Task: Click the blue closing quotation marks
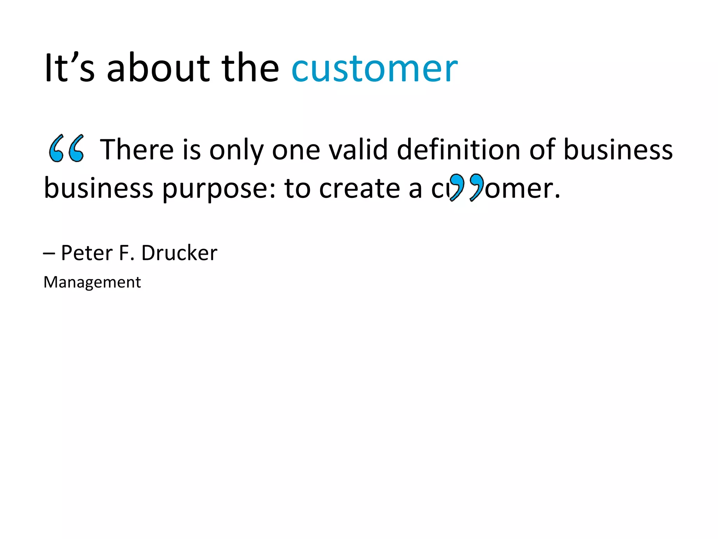(x=467, y=187)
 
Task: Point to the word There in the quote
(x=137, y=149)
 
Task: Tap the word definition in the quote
(x=459, y=149)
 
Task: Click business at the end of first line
(x=618, y=149)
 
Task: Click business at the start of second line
(x=99, y=188)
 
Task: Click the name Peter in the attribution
(x=87, y=253)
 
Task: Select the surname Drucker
(x=179, y=253)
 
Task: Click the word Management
(x=92, y=282)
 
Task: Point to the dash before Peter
(x=49, y=253)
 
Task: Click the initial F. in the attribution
(x=127, y=253)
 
